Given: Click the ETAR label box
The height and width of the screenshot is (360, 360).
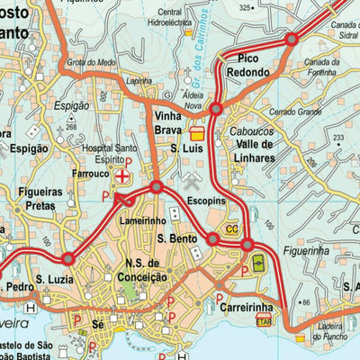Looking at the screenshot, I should pyautogui.click(x=264, y=319).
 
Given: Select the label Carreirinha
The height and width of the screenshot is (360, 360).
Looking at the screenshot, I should pyautogui.click(x=247, y=306).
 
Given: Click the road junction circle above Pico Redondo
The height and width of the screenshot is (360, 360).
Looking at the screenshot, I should pyautogui.click(x=292, y=40).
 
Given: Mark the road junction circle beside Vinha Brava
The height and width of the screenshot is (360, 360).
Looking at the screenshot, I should pyautogui.click(x=216, y=110).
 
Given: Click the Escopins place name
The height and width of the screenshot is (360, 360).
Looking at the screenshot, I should pyautogui.click(x=204, y=203).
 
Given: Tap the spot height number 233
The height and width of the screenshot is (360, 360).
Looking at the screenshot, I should pyautogui.click(x=337, y=138).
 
